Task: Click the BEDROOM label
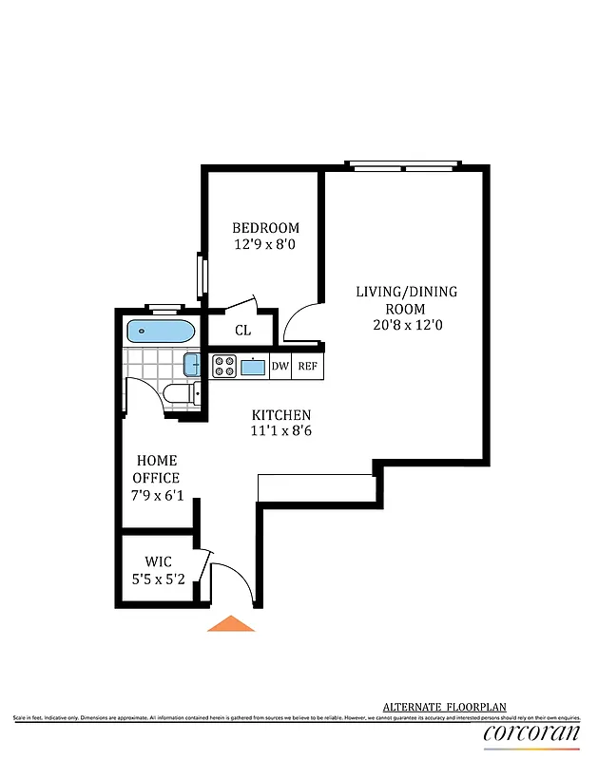pos(266,228)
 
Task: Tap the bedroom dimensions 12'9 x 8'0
pos(266,244)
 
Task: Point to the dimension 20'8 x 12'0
pos(406,325)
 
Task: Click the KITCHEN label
pos(281,415)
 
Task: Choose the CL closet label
pos(242,331)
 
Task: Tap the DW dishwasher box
pos(280,367)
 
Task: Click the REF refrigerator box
pos(308,367)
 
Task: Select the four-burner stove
pos(224,367)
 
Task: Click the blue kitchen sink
pos(254,367)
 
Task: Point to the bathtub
pos(161,332)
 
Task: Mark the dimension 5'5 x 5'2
pos(158,577)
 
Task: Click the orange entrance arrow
pos(231,624)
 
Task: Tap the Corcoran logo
pos(531,732)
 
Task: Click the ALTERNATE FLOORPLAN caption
pos(444,707)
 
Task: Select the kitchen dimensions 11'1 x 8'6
pos(281,431)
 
